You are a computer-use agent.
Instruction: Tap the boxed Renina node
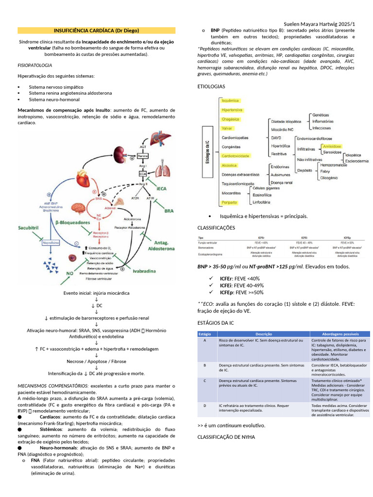[x=142, y=156]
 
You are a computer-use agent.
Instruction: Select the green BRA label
[x=169, y=211]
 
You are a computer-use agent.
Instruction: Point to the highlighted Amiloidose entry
[x=332, y=146]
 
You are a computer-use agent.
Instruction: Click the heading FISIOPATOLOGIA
[x=34, y=65]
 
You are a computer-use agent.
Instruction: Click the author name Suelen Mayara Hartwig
[x=311, y=24]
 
